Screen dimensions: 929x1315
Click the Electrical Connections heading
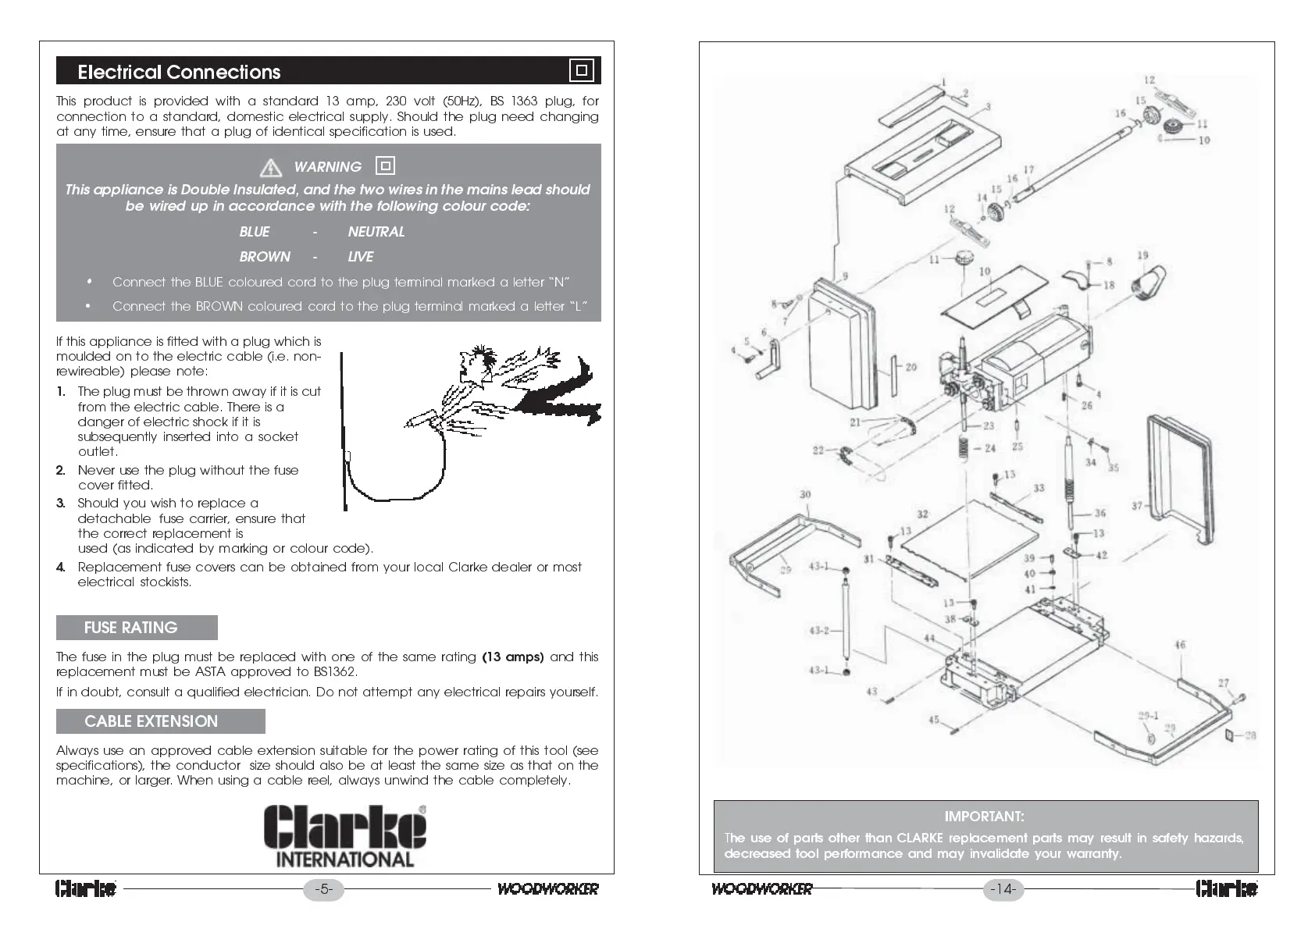[x=179, y=72]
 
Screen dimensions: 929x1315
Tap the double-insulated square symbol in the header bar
[x=581, y=70]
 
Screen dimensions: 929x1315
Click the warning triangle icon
[x=270, y=167]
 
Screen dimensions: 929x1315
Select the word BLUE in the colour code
[x=255, y=232]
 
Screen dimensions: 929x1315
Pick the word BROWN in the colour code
[x=265, y=257]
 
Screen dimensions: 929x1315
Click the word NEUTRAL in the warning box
[x=376, y=232]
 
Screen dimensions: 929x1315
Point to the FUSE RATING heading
[x=131, y=628]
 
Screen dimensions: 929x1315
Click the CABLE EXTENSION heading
[x=151, y=721]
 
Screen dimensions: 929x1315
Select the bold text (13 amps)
[x=513, y=657]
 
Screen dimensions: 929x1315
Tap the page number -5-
[x=323, y=889]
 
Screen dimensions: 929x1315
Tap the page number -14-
[x=1003, y=889]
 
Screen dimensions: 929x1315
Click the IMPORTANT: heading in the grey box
[x=984, y=817]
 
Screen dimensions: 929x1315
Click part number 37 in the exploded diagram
[x=1137, y=506]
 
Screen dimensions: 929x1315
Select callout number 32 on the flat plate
[x=922, y=514]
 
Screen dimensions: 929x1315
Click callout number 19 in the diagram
[x=1142, y=255]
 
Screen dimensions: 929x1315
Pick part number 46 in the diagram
[x=1180, y=645]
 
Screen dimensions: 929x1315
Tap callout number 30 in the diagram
[x=805, y=494]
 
